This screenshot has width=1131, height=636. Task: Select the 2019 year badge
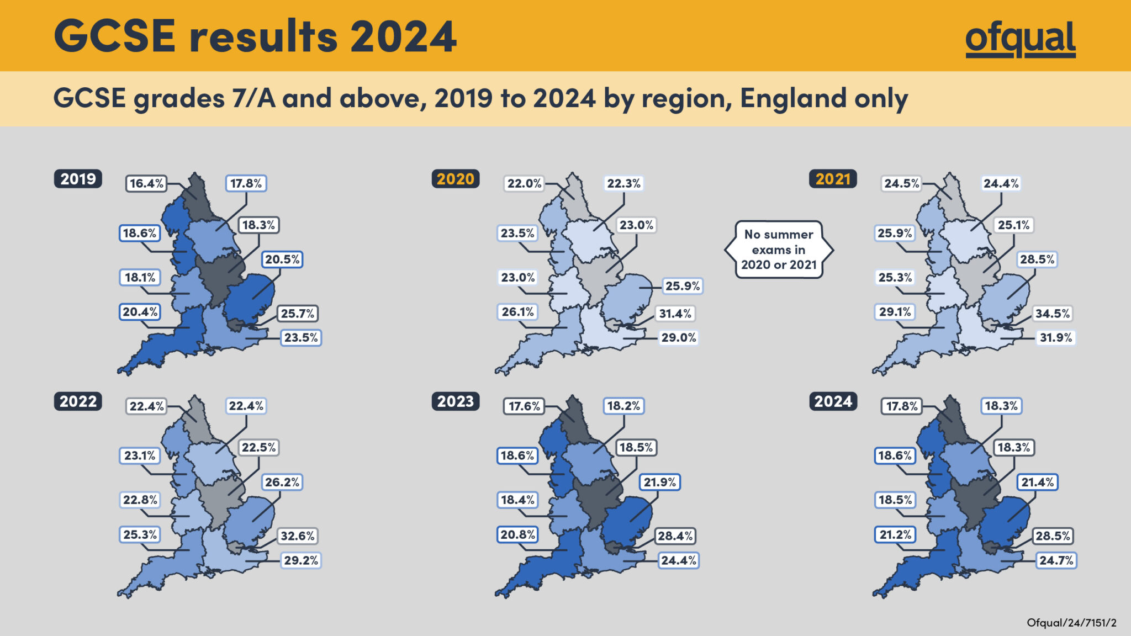78,179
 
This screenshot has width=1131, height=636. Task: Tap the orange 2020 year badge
455,179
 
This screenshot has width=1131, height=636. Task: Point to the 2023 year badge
455,401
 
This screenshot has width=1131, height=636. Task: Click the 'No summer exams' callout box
779,250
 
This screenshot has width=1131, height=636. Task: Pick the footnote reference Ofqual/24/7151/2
1071,623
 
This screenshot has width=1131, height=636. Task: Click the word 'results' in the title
263,37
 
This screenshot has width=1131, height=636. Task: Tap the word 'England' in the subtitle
793,98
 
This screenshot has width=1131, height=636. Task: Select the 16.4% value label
146,183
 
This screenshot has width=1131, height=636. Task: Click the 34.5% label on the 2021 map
1052,314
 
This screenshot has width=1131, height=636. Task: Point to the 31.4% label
675,314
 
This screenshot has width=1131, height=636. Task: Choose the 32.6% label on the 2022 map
297,536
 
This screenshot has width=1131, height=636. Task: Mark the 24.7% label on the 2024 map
1056,560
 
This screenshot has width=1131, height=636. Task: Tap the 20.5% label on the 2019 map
282,259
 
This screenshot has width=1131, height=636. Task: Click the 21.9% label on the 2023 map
659,482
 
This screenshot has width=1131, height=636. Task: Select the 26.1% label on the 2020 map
517,312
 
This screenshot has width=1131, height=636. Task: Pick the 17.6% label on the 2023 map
524,406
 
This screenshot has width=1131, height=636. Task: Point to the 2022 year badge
78,401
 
